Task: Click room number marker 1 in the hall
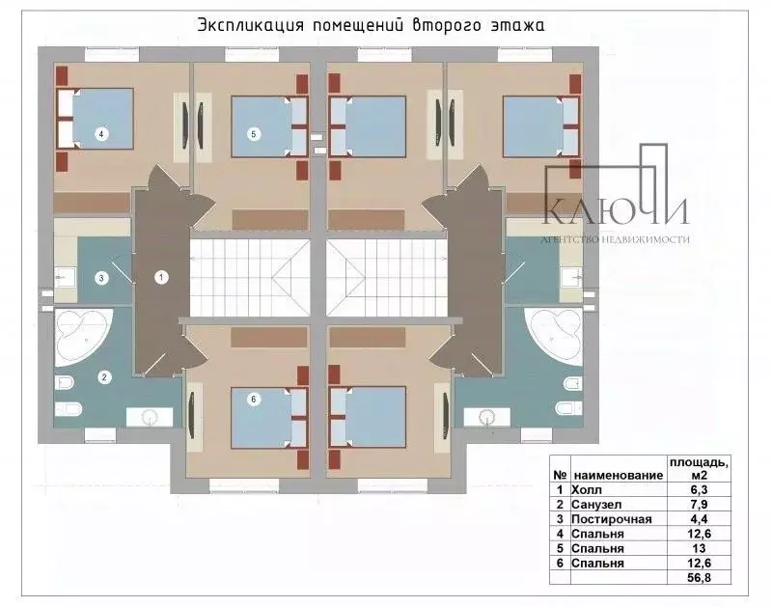[161, 278]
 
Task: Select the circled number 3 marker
[100, 278]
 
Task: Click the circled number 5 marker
[253, 135]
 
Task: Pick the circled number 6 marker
[253, 398]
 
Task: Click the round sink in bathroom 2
[150, 417]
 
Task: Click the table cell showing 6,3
[708, 489]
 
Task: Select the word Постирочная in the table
[613, 518]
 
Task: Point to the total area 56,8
[708, 578]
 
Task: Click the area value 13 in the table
[708, 547]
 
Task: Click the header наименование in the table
[618, 475]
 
